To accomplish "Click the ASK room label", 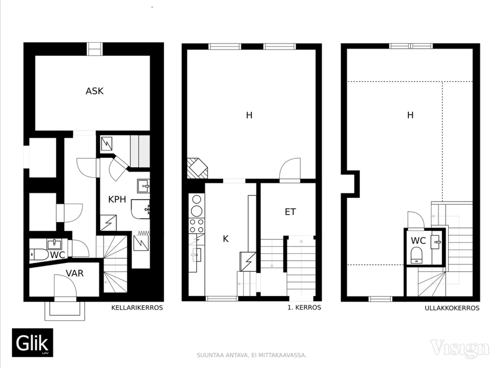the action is pos(94,91).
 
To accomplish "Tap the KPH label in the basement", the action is pos(117,199).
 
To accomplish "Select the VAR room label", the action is pos(75,273).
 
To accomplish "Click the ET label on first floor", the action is pos(290,212).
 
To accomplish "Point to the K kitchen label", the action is pos(226,239).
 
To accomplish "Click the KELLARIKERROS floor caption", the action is pos(137,308).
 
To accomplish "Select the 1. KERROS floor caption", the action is pos(304,307).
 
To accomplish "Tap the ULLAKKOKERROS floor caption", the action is pos(452,308).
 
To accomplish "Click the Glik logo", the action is pos(33,343).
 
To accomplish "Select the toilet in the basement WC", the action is pos(39,254).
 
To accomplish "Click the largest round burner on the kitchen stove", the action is pos(197,211).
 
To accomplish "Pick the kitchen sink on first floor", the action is pos(196,255).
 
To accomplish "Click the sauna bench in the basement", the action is pos(140,151).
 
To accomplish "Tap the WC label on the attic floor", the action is pos(418,240).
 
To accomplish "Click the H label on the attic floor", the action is pos(410,115).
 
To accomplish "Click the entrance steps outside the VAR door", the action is pos(65,311).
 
